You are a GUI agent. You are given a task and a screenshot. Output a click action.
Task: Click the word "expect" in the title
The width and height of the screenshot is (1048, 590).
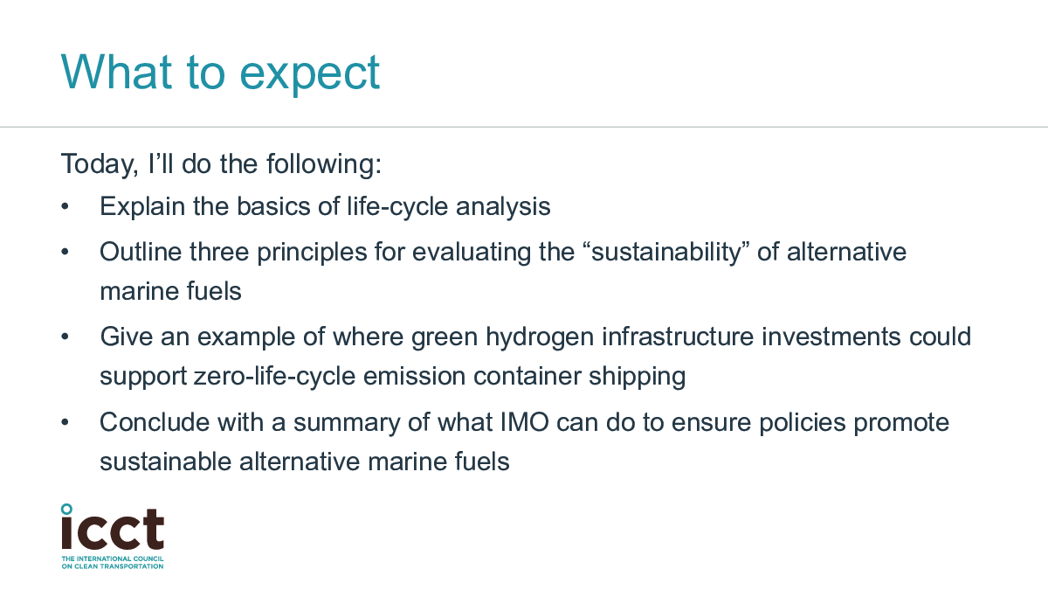click(310, 74)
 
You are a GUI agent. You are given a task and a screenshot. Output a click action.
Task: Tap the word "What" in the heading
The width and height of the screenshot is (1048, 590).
click(116, 72)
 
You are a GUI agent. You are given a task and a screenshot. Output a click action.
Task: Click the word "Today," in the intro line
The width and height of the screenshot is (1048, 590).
click(100, 165)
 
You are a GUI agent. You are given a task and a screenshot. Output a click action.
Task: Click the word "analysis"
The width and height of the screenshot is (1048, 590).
click(503, 207)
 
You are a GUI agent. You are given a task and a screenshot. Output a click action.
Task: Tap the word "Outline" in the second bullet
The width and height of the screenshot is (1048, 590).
click(141, 252)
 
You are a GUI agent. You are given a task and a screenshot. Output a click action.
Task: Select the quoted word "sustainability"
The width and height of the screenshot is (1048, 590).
click(666, 253)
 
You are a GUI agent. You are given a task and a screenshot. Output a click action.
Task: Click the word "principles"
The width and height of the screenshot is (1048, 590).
click(312, 253)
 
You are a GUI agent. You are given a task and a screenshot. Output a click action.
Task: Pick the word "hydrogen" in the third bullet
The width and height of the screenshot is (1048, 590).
click(540, 337)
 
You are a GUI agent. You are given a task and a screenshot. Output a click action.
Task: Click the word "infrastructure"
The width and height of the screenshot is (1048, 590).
click(678, 337)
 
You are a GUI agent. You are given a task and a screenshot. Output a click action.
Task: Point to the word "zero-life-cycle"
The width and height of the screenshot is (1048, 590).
click(274, 377)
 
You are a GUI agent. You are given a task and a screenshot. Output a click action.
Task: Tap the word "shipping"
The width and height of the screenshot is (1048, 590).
click(637, 377)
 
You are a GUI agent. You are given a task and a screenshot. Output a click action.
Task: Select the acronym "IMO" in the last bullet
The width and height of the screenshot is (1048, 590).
click(525, 422)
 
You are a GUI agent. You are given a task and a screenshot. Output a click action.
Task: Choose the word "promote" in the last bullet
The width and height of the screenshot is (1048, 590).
click(901, 423)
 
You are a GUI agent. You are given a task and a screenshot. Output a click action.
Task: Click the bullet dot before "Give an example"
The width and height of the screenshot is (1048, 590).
click(65, 337)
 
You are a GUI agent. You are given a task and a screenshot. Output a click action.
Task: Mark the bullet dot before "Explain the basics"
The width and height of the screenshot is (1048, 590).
click(65, 206)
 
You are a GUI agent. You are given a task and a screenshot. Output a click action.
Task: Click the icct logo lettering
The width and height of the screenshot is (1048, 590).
click(113, 530)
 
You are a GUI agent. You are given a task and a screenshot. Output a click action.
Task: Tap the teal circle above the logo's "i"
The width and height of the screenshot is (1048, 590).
click(67, 510)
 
